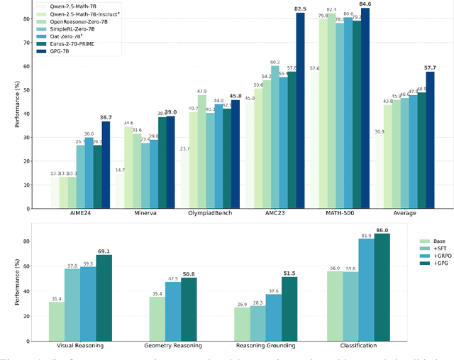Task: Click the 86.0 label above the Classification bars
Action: coord(383,231)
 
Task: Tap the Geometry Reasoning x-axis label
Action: coord(166,346)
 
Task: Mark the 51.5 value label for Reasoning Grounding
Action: coord(288,273)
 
